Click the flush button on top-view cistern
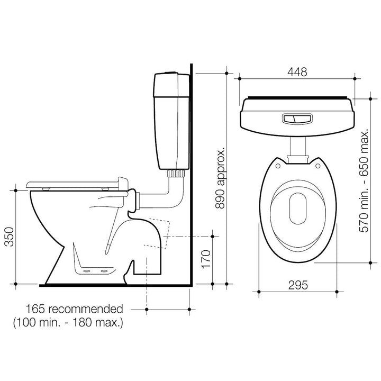click(296, 119)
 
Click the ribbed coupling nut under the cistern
click(176, 173)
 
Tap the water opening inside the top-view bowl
click(297, 206)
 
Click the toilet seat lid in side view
click(74, 183)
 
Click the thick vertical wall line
click(192, 175)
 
